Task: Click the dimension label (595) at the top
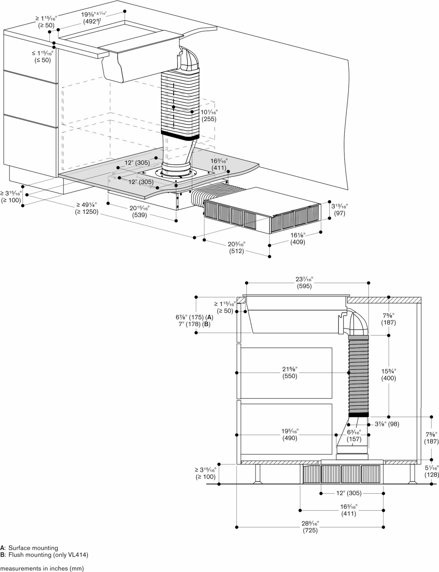(x=304, y=286)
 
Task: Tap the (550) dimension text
(x=290, y=376)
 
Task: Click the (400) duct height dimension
(x=388, y=378)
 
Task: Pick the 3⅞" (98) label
(x=387, y=424)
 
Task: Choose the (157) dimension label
(x=354, y=439)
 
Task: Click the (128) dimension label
(x=432, y=474)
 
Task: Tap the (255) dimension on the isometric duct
(x=209, y=119)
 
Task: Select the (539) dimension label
(x=139, y=215)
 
